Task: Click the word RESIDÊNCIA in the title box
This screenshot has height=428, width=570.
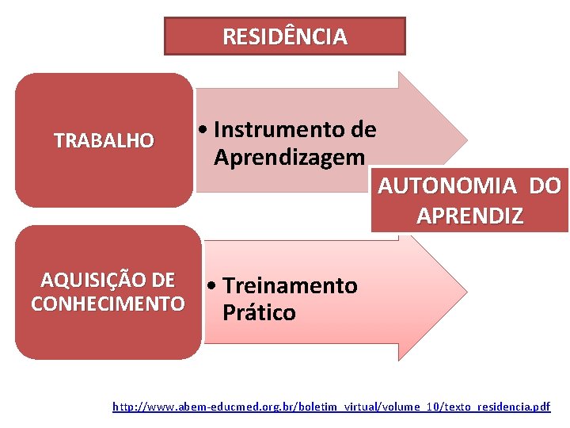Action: point(284,36)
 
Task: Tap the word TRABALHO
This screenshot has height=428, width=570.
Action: point(104,141)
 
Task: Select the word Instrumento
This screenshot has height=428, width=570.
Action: point(273,129)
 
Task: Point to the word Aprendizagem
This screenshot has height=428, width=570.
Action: point(289,157)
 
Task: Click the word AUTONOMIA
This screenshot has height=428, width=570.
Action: point(447,186)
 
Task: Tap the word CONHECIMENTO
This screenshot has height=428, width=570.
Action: point(108,304)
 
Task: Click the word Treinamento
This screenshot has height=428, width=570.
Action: point(290,285)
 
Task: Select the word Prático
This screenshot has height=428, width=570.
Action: point(259,313)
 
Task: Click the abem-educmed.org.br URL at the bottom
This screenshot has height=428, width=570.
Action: point(331,407)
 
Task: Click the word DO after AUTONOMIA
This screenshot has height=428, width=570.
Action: point(545,186)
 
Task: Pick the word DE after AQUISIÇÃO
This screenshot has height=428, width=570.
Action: point(162,280)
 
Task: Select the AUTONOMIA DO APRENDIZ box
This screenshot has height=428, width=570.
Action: point(469,201)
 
